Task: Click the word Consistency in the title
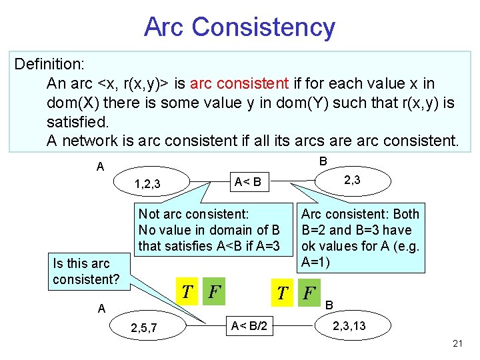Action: pos(263,27)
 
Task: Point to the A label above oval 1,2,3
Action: pos(100,167)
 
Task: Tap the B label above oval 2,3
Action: pos(323,161)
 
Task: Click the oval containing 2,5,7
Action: pos(146,327)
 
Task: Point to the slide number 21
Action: pos(457,343)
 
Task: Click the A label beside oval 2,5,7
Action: pos(100,308)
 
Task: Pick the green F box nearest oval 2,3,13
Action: pos(309,292)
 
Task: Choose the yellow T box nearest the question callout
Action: pos(188,291)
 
